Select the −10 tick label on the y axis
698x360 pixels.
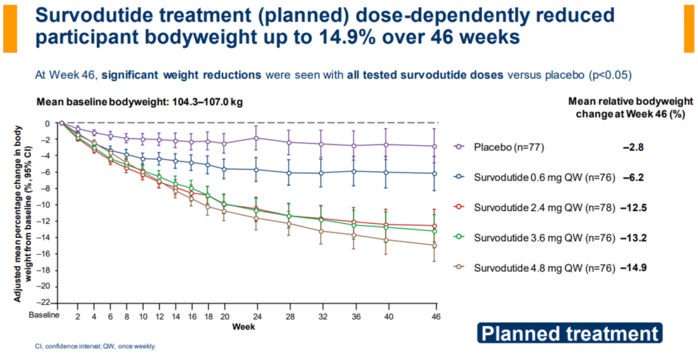tap(44, 205)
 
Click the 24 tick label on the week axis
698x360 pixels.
tap(257, 316)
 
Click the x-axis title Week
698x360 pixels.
tap(243, 327)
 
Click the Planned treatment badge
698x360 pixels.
tap(569, 334)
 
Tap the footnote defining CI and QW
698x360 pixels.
tap(96, 347)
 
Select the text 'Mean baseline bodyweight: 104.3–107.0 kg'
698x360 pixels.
tap(140, 102)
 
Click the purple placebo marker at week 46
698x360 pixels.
tap(434, 146)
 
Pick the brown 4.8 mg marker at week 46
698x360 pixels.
tap(434, 245)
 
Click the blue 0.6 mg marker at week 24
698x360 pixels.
tap(257, 169)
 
